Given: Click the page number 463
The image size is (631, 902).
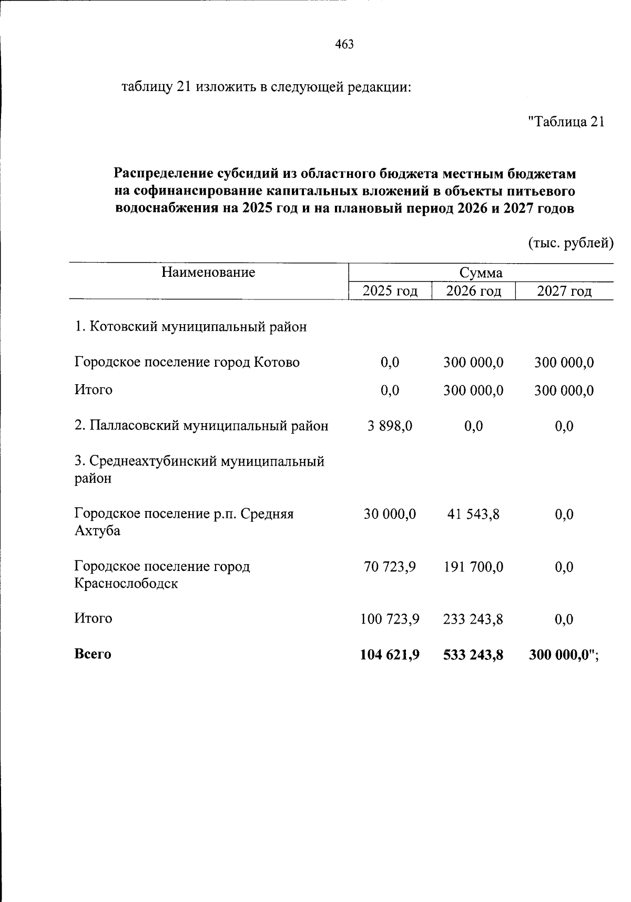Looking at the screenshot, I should tap(344, 45).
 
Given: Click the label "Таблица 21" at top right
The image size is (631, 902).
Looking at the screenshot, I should tap(566, 122).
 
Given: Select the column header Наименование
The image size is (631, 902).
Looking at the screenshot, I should tap(208, 272).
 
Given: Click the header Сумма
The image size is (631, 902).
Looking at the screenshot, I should tap(481, 273).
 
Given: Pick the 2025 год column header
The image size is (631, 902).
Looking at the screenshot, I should tap(390, 291).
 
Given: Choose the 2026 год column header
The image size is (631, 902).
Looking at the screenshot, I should tap(473, 291).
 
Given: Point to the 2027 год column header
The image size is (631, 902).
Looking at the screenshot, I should tap(564, 291).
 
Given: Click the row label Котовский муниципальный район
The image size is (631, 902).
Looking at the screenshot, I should tap(191, 327).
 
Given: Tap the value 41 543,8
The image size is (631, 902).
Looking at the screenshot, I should tap(473, 514).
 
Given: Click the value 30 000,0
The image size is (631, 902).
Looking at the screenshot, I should tap(390, 514).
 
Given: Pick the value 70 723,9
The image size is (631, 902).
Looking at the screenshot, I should tap(390, 567).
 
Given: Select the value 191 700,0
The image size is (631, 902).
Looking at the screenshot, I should tap(473, 567).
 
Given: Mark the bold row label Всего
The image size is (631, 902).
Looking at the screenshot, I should tap(93, 654).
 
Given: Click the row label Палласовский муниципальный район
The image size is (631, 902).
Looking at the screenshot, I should tap(201, 426).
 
